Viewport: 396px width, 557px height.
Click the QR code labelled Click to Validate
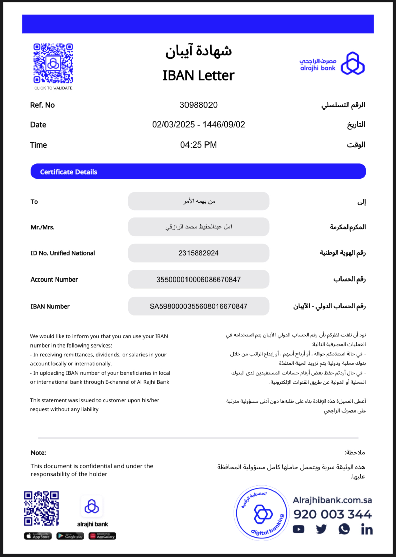pyautogui.click(x=53, y=63)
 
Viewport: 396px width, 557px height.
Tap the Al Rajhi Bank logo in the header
pyautogui.click(x=332, y=63)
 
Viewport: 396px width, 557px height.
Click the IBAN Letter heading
pyautogui.click(x=198, y=75)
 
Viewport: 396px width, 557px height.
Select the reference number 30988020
pyautogui.click(x=198, y=105)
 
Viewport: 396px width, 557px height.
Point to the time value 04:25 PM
pyautogui.click(x=198, y=145)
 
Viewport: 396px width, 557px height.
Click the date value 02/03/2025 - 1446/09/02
pyautogui.click(x=198, y=125)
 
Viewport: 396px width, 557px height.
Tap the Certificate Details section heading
pyautogui.click(x=69, y=172)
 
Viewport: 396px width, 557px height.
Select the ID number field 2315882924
pyautogui.click(x=198, y=253)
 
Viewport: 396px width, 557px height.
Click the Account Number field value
pyautogui.click(x=198, y=280)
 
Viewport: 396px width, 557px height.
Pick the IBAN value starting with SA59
pyautogui.click(x=198, y=306)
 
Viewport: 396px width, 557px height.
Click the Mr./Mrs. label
pyautogui.click(x=43, y=227)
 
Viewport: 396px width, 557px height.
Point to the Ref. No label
pyautogui.click(x=42, y=105)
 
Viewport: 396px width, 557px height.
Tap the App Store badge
pyautogui.click(x=38, y=536)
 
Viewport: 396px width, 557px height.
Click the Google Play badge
pyautogui.click(x=70, y=536)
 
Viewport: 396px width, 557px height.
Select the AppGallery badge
pyautogui.click(x=102, y=536)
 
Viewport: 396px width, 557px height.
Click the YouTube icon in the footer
pyautogui.click(x=299, y=529)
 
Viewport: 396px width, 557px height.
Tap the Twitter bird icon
pyautogui.click(x=321, y=529)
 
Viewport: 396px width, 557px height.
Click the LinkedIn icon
pyautogui.click(x=367, y=529)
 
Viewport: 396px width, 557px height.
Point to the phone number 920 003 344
pyautogui.click(x=332, y=514)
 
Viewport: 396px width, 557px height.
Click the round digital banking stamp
pyautogui.click(x=261, y=513)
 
